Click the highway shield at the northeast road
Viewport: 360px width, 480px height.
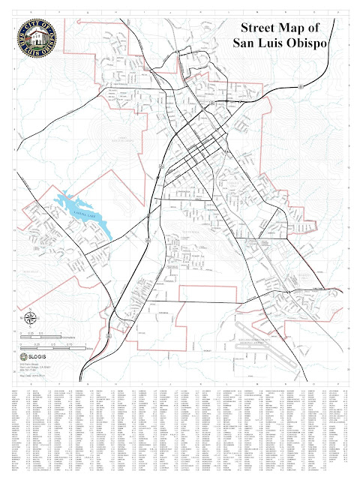coord(301,86)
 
